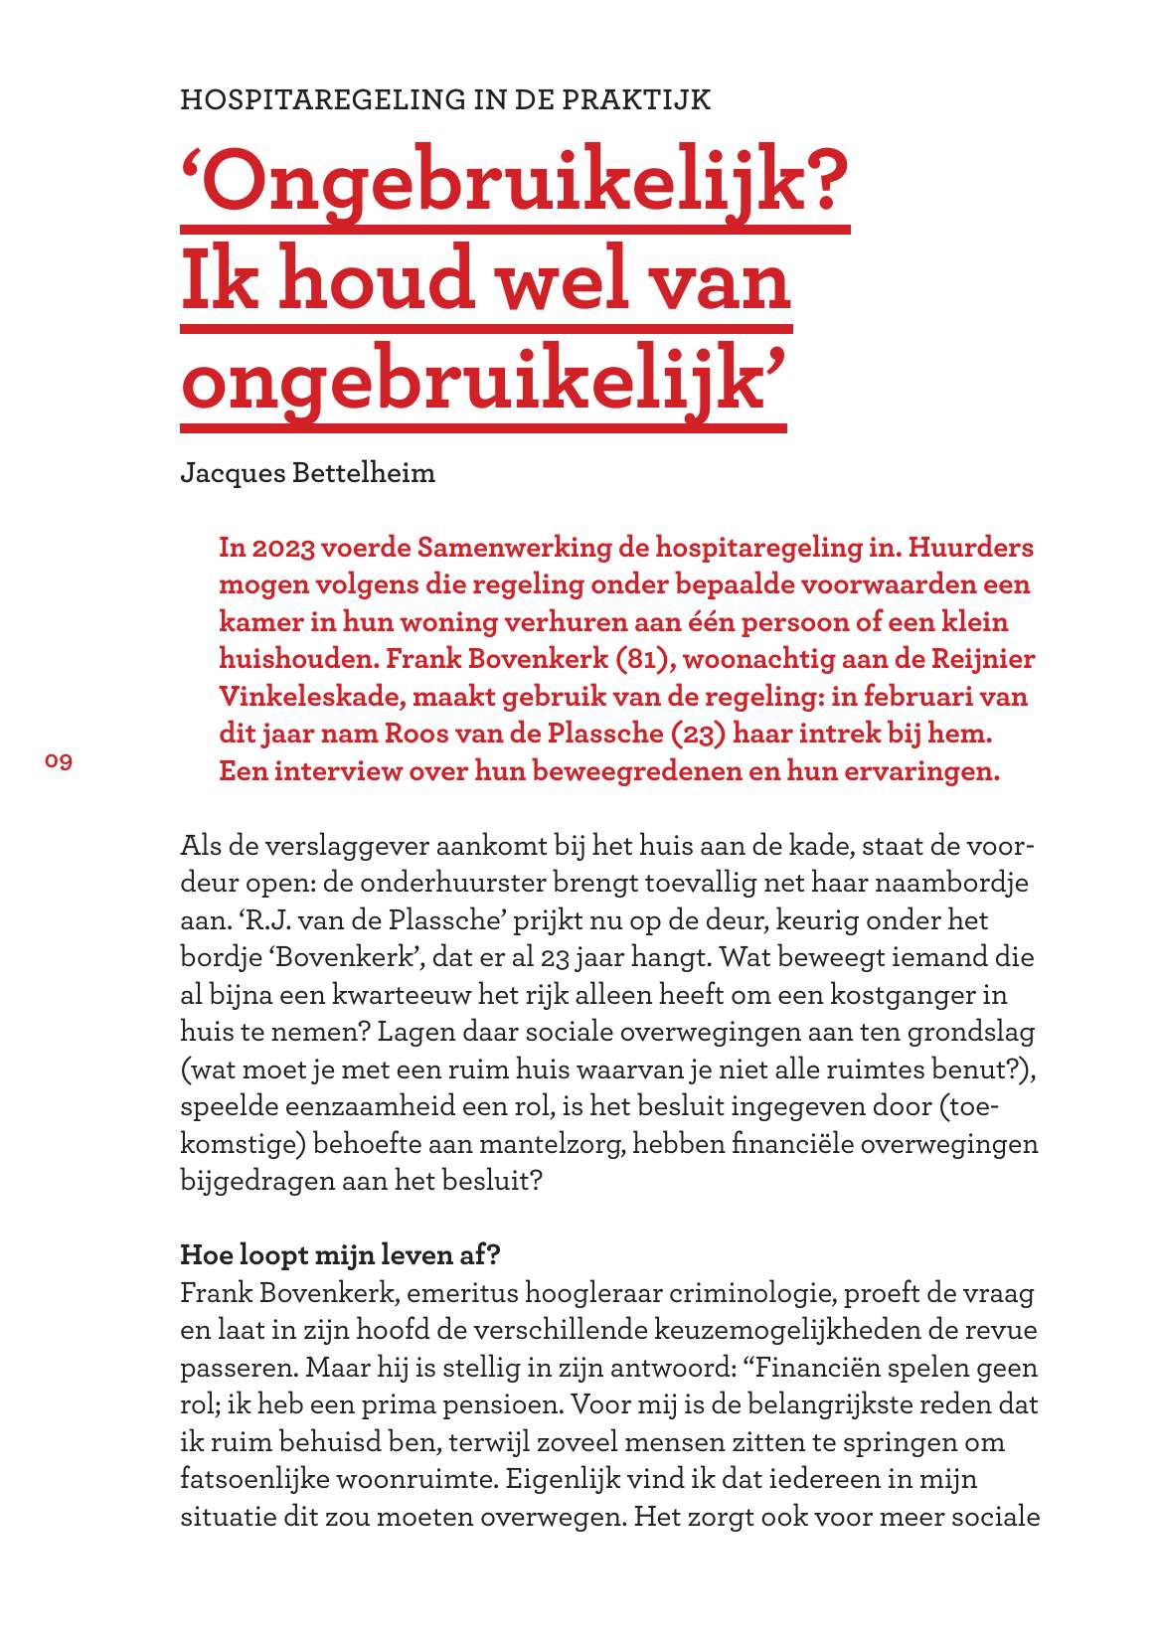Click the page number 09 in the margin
59,762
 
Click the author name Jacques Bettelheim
307,473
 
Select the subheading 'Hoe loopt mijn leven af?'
340,1255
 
